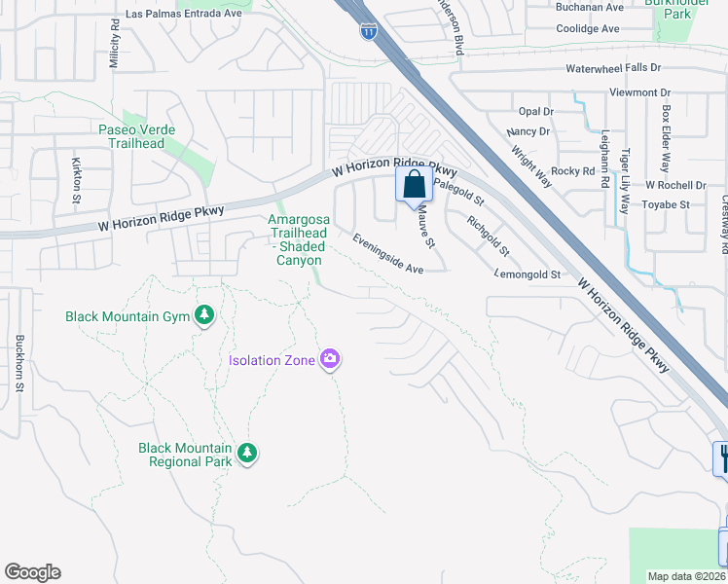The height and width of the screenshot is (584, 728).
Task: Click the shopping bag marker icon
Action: (x=414, y=182)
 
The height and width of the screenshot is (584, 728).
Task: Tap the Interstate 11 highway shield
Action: (x=368, y=32)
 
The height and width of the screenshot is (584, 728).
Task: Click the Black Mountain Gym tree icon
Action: (x=203, y=315)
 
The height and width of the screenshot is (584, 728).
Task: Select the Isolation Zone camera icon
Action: (x=330, y=360)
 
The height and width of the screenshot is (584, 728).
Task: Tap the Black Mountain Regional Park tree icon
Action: (x=247, y=454)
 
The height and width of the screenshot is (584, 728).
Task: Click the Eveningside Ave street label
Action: (x=388, y=254)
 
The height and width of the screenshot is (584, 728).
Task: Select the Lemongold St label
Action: (x=528, y=275)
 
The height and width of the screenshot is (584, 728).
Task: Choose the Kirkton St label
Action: (x=76, y=178)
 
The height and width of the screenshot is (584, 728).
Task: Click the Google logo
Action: (x=32, y=572)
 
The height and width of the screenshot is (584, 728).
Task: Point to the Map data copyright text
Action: (x=687, y=576)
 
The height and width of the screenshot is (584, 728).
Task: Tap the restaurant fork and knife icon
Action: (x=722, y=457)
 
